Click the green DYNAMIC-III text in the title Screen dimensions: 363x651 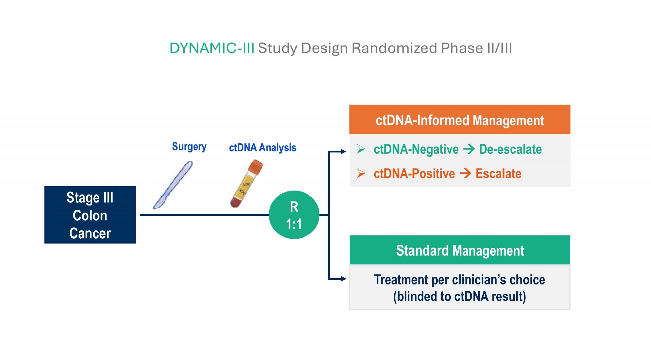point(212,48)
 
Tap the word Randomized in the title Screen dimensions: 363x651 point(394,48)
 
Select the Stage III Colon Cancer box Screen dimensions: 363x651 point(90,215)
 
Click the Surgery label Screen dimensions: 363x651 point(189,147)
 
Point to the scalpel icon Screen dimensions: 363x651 point(173,185)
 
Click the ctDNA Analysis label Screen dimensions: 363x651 point(262,148)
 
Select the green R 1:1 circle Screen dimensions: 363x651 point(294,215)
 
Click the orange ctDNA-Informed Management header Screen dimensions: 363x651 point(460,120)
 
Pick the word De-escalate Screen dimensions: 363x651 point(510,149)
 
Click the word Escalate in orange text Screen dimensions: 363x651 point(498,174)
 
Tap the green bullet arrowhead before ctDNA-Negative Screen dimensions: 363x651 point(361,149)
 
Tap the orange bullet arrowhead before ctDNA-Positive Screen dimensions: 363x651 point(361,173)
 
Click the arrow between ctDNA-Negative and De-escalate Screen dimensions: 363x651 point(469,149)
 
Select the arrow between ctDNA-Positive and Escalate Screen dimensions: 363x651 point(465,174)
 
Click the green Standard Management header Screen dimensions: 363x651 point(460,250)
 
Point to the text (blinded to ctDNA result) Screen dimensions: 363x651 point(460,297)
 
